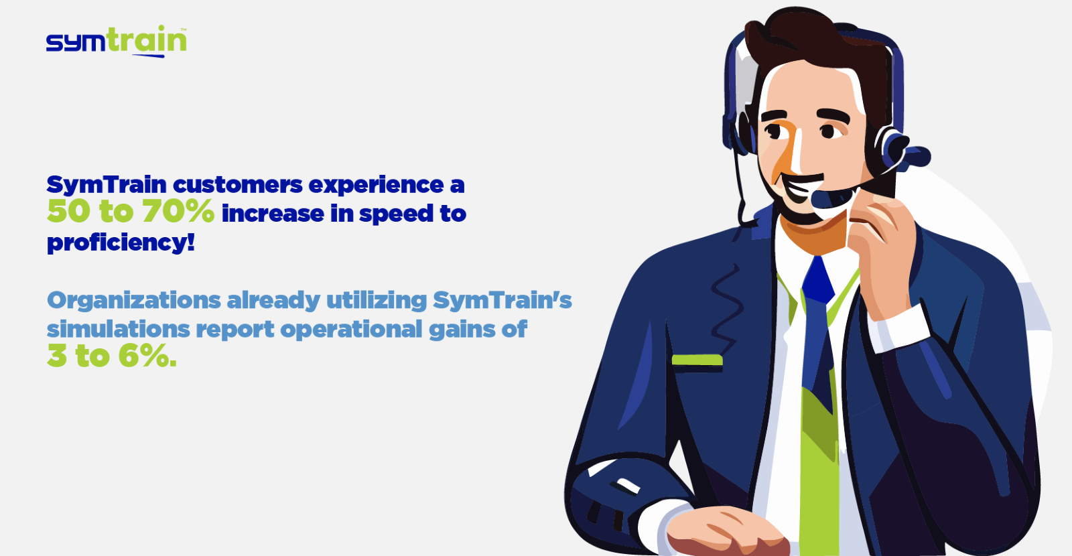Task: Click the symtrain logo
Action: (x=117, y=41)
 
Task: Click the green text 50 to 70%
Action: (x=131, y=211)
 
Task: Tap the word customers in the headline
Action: (x=237, y=184)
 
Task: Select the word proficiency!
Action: (x=121, y=242)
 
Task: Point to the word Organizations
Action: (x=134, y=301)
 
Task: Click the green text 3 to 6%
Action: (x=111, y=356)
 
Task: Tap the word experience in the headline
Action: (x=376, y=185)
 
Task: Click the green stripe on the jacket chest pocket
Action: (x=697, y=360)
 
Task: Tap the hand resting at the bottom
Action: (x=728, y=531)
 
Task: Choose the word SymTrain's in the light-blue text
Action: (x=503, y=301)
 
